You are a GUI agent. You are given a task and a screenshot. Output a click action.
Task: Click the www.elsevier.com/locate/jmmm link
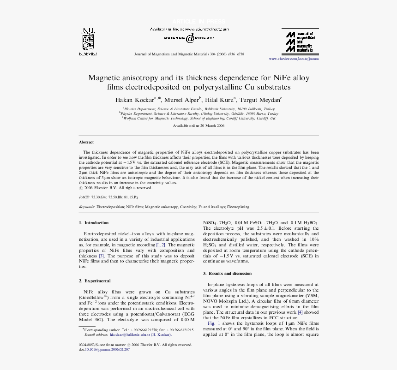[x=294, y=59]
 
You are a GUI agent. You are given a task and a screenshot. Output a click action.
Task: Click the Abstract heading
[x=86, y=142]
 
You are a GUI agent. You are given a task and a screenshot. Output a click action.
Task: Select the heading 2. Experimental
[x=95, y=280]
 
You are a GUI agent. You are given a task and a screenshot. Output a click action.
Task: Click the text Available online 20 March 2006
[x=198, y=125]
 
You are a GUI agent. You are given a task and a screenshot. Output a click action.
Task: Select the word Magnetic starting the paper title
[x=104, y=78]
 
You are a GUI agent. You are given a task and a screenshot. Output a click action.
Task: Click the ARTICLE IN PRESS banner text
[x=198, y=22]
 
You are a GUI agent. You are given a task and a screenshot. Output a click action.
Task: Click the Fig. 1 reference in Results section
[x=214, y=324]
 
